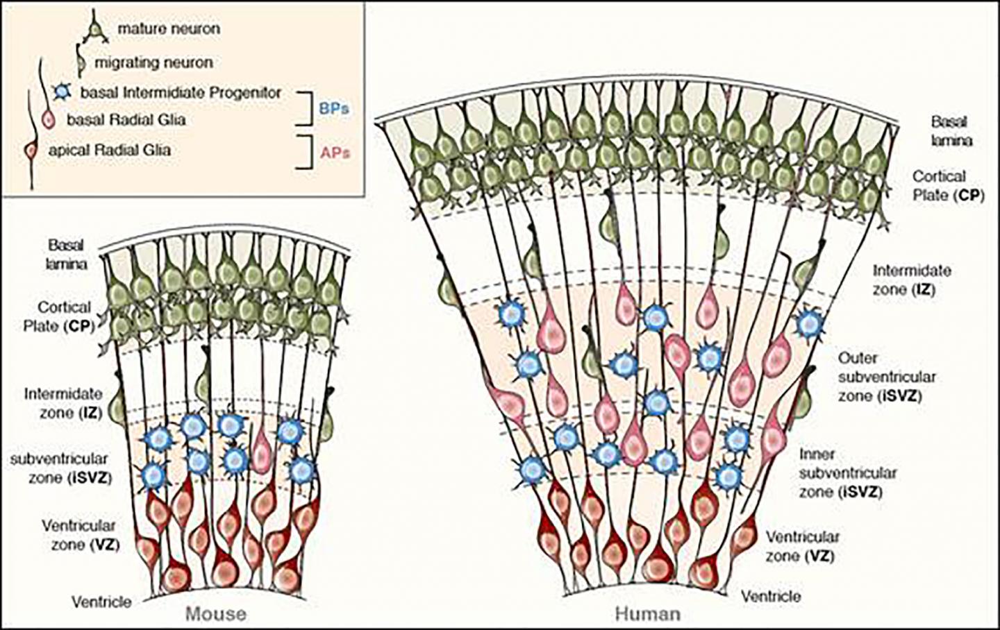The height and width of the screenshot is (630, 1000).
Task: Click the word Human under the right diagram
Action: click(x=648, y=614)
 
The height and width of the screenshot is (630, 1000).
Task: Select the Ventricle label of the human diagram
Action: click(x=771, y=596)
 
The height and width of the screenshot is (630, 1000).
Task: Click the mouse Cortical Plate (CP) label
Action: click(x=65, y=316)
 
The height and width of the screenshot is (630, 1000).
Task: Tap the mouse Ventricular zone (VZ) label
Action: click(x=78, y=534)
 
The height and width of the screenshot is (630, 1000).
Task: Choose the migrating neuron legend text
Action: click(x=153, y=62)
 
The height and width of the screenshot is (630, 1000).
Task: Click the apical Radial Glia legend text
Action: click(x=109, y=149)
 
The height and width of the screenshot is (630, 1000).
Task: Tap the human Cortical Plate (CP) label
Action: click(x=948, y=185)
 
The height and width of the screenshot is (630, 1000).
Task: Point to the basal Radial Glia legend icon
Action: click(x=48, y=119)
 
